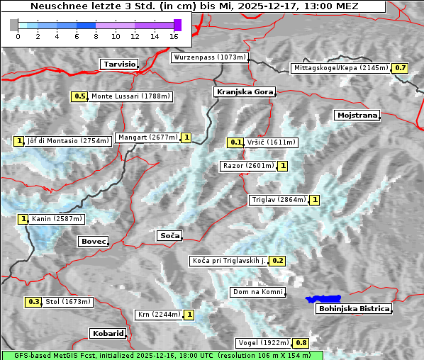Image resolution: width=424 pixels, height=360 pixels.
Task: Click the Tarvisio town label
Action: [x=118, y=64]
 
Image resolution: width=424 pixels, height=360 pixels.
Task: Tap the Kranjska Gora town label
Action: [x=243, y=92]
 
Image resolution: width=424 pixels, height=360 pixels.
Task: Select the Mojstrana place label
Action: [x=357, y=115]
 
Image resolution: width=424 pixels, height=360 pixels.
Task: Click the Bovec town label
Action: [x=93, y=242]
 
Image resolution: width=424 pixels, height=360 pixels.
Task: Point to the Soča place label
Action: [x=169, y=235]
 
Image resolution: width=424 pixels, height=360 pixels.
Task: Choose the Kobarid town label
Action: [x=108, y=333]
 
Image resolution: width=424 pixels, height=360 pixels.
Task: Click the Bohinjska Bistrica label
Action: [x=354, y=308]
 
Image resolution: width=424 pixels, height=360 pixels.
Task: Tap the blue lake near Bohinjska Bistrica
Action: [x=323, y=300]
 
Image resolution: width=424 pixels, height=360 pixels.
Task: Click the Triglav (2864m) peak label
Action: [x=279, y=200]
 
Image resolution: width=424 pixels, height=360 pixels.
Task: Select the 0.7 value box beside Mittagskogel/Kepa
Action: [x=401, y=68]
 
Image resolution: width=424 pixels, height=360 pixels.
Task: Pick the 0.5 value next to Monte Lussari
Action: [x=79, y=96]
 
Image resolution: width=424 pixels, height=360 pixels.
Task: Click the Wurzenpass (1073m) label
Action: [x=210, y=57]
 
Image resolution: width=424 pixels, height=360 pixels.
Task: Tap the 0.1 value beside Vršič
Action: [x=236, y=142]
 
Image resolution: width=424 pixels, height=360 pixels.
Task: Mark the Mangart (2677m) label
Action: [x=147, y=137]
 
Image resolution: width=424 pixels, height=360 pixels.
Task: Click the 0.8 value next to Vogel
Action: [x=301, y=343]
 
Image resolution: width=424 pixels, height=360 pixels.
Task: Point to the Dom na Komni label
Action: [x=257, y=292]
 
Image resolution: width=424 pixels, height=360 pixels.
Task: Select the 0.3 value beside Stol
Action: [x=33, y=302]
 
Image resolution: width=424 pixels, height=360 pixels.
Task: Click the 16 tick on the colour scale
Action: [x=174, y=35]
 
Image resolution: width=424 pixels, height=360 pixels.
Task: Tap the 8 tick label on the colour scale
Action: [x=96, y=35]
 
